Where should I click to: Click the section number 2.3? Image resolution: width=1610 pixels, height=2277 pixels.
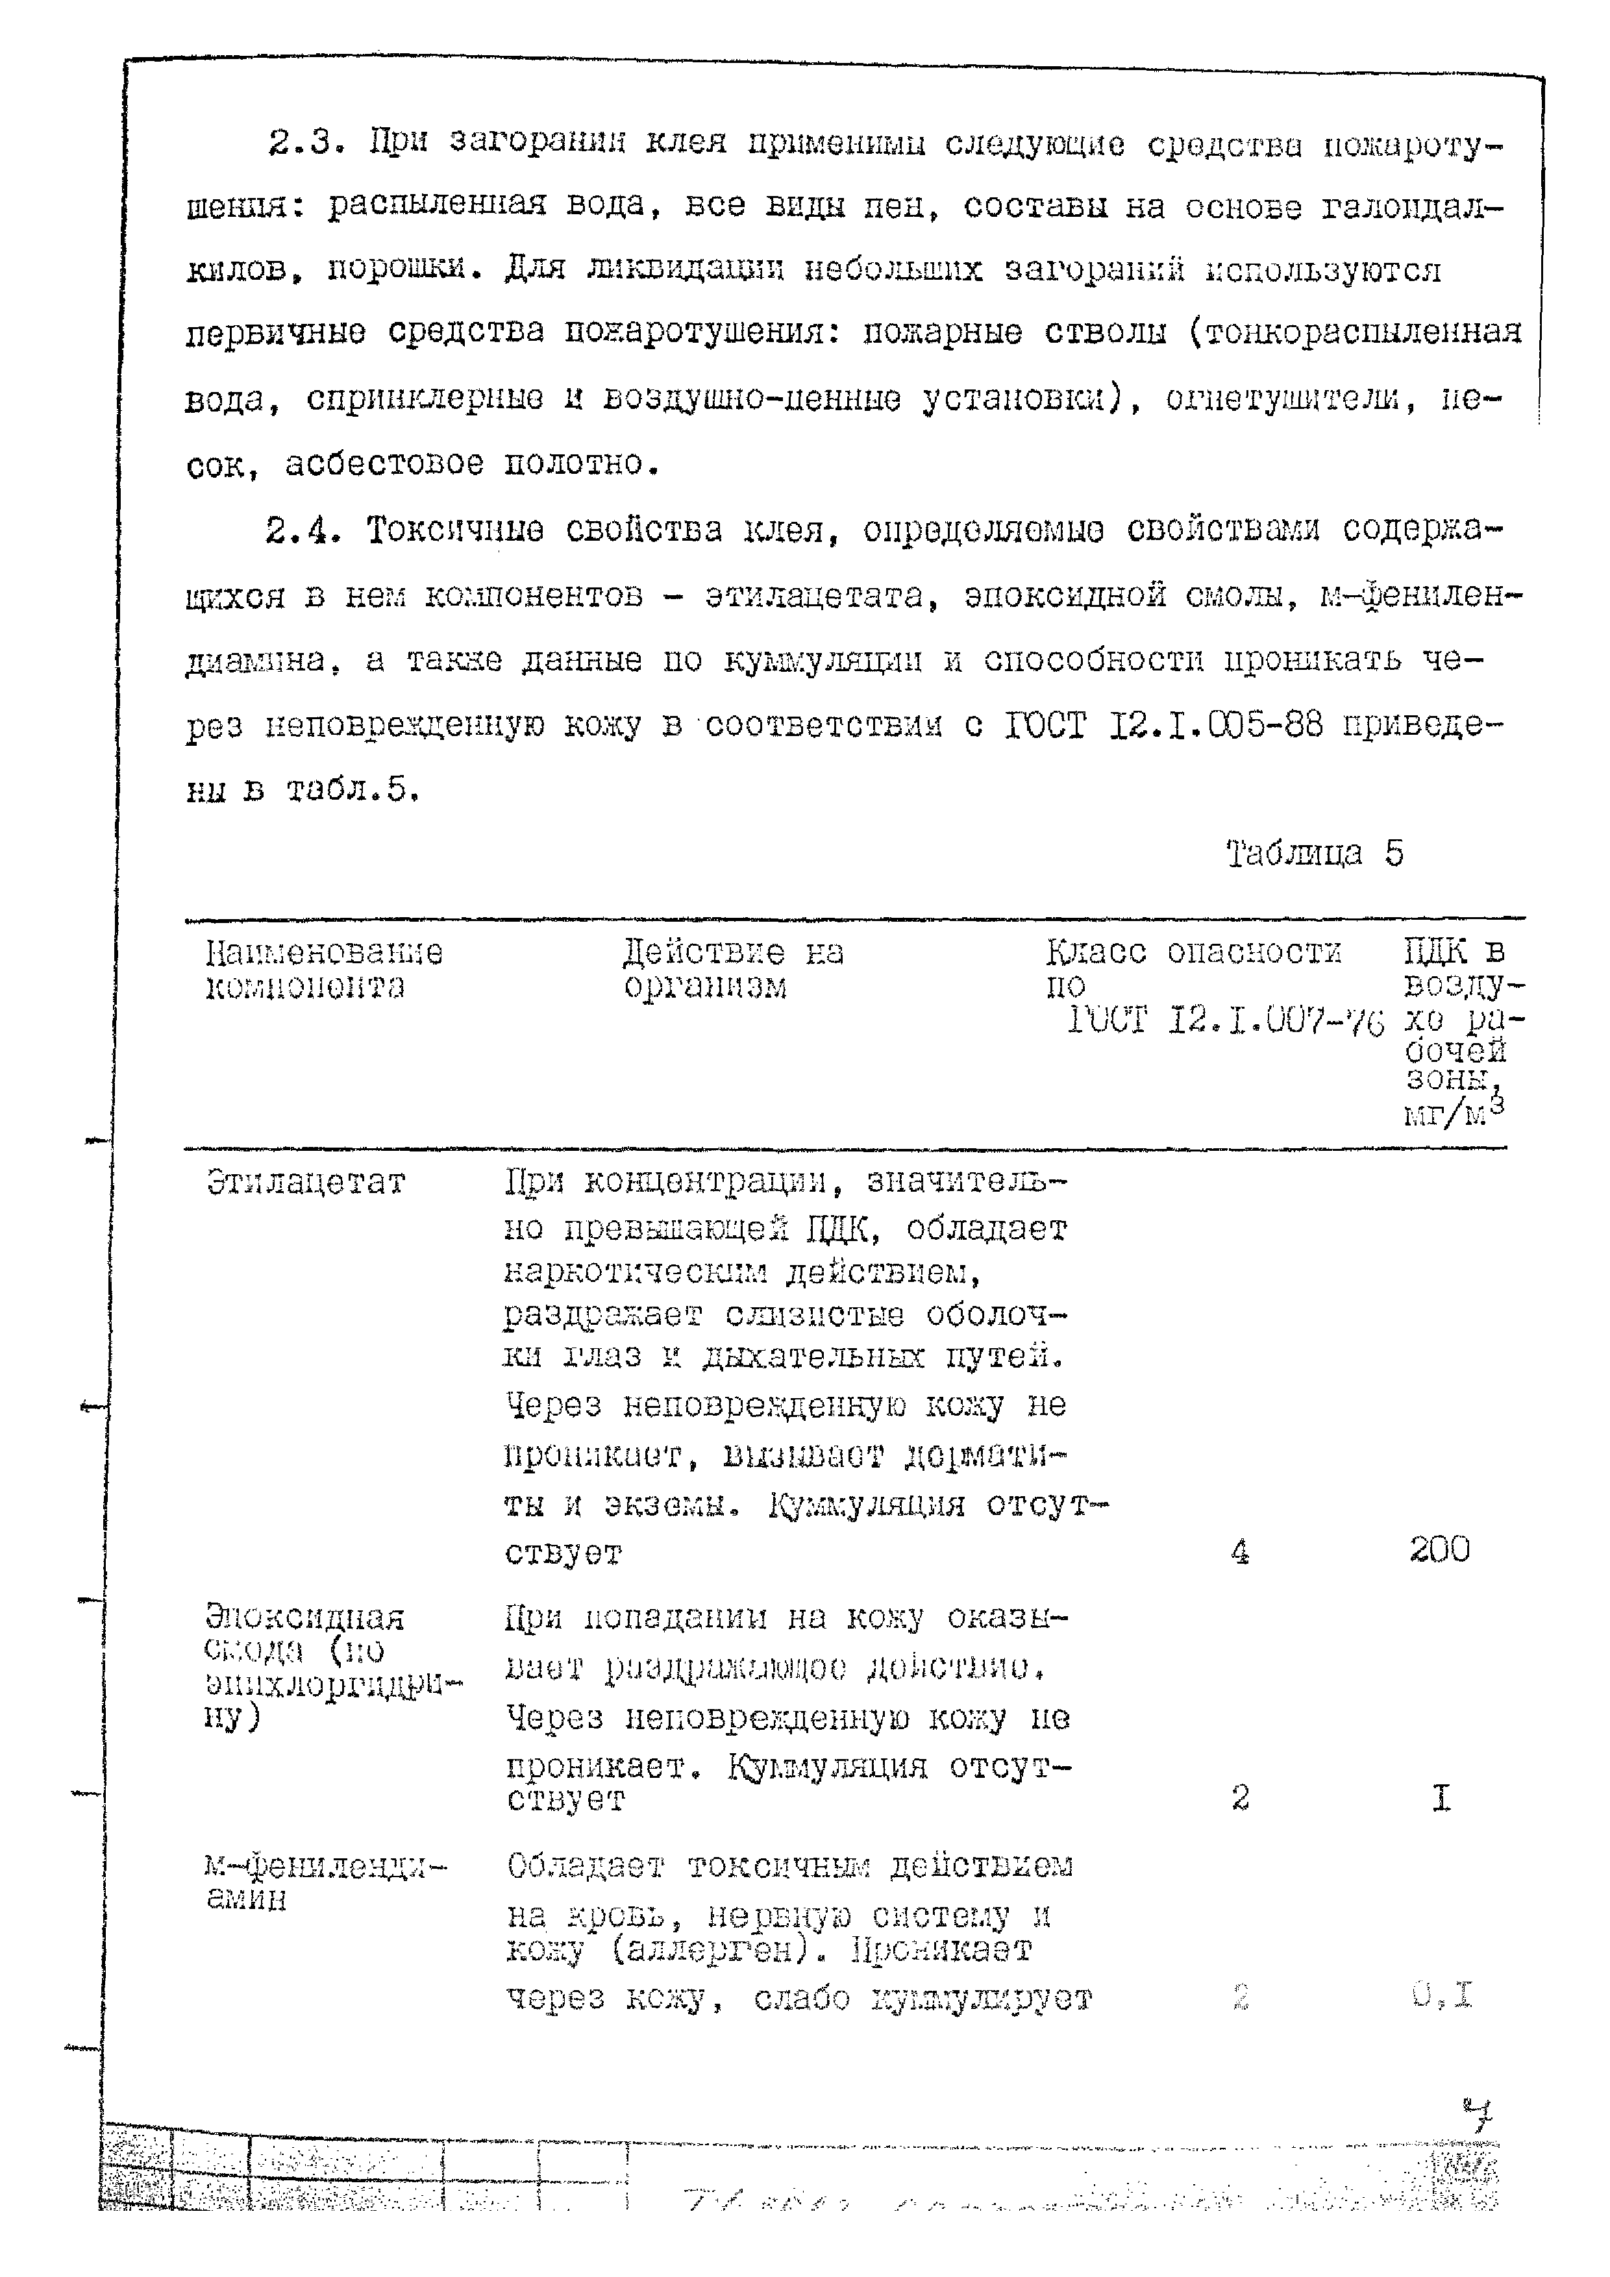pos(304,145)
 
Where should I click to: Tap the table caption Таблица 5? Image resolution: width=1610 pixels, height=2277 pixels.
pos(1315,854)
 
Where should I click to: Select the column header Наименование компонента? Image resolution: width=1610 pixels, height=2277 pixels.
pos(323,969)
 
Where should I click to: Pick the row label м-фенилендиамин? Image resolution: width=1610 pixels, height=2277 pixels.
pos(325,1882)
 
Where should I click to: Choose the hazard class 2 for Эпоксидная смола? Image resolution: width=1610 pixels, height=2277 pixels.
pos(1240,1797)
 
